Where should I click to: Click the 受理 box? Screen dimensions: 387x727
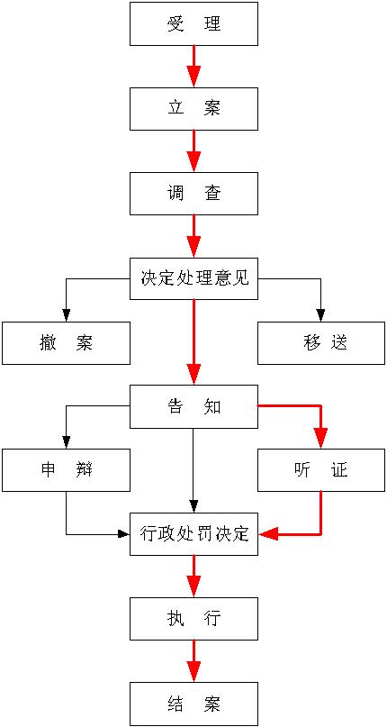(x=193, y=24)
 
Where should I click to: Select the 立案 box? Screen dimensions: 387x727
(x=193, y=109)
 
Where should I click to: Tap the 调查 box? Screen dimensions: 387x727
(x=193, y=194)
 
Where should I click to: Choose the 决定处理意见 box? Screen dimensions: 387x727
(x=193, y=278)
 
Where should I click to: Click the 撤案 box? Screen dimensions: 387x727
(x=66, y=342)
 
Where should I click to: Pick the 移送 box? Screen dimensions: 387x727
(x=322, y=342)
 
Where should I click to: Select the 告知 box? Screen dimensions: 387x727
(x=193, y=406)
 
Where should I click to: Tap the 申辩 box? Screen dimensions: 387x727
(x=66, y=470)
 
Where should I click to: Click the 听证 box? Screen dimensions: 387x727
(x=322, y=470)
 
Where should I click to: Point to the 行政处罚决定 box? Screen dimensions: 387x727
(x=193, y=533)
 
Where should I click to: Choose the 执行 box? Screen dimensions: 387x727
(x=193, y=619)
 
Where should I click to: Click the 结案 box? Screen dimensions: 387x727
(x=193, y=704)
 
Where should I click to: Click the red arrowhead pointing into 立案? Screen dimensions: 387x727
(x=193, y=77)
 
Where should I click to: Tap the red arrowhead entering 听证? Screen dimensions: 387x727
(x=320, y=438)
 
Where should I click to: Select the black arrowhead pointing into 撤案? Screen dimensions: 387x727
(x=67, y=314)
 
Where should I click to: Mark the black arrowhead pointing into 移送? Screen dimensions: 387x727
(x=320, y=314)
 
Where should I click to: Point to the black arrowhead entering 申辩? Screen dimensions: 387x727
(x=67, y=442)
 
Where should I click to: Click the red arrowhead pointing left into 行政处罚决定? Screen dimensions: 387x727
(x=269, y=534)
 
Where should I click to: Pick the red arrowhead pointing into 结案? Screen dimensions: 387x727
(x=193, y=671)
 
